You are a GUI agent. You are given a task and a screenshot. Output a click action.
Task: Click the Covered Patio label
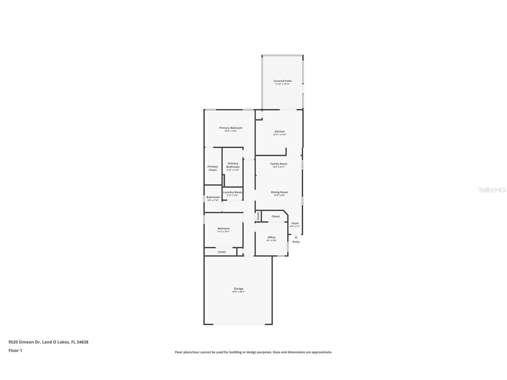(282, 81)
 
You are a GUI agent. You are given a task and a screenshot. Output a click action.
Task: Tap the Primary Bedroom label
(231, 128)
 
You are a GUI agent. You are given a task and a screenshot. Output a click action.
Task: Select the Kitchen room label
(280, 131)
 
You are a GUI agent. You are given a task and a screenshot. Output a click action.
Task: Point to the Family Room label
(279, 164)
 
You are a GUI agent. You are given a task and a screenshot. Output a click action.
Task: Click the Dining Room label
(279, 192)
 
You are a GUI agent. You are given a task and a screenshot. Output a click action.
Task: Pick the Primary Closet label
(213, 168)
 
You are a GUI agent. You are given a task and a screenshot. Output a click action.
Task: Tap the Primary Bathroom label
(233, 165)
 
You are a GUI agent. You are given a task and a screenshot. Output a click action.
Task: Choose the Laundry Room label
(232, 192)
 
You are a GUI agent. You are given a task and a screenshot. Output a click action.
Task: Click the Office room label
(271, 237)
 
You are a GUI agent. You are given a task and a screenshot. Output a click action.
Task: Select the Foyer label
(295, 223)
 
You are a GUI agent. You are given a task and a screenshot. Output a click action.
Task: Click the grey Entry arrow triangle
(296, 237)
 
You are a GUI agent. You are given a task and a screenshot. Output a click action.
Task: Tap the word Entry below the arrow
(296, 242)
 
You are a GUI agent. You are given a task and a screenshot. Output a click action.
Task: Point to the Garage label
(238, 289)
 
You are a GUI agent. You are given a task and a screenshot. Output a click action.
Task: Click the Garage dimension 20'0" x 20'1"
(238, 292)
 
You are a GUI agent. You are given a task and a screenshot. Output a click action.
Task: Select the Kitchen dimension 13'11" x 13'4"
(280, 135)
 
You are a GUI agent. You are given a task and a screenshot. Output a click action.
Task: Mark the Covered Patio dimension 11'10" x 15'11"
(282, 84)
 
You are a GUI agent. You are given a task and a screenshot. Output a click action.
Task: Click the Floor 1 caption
(15, 350)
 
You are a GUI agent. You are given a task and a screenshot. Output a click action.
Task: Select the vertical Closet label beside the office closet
(258, 216)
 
